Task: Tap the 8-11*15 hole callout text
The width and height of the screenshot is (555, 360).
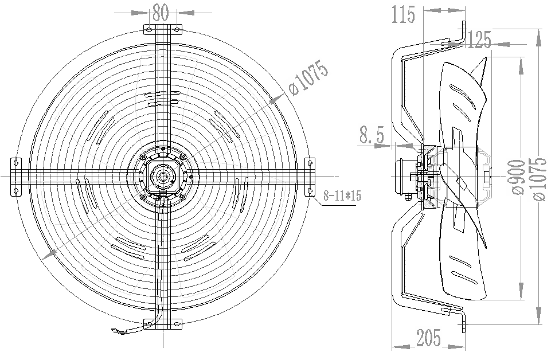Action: pyautogui.click(x=342, y=195)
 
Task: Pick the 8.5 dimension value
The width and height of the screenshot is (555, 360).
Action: pyautogui.click(x=372, y=136)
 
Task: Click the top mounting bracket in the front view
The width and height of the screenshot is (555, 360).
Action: pyautogui.click(x=161, y=29)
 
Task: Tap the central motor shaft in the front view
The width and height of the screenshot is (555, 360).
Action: pyautogui.click(x=162, y=175)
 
